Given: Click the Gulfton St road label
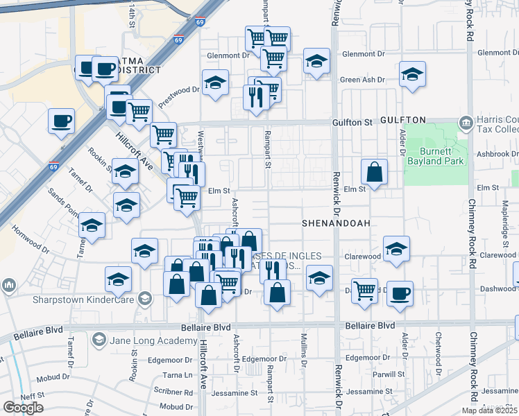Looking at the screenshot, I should click(x=352, y=122).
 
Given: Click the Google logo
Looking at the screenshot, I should click(x=23, y=408).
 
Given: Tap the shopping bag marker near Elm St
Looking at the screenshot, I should click(x=374, y=173).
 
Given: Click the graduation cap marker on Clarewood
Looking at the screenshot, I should click(x=396, y=249).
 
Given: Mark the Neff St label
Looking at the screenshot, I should click(x=32, y=395).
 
